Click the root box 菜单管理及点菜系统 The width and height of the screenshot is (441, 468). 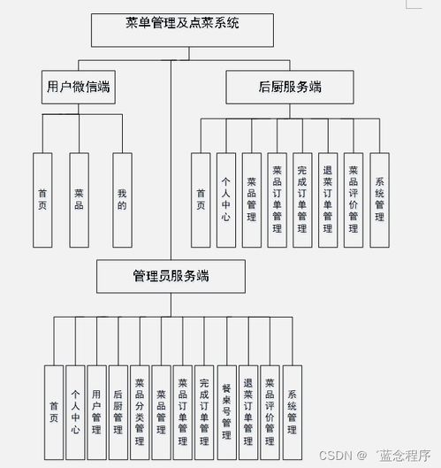point(182,30)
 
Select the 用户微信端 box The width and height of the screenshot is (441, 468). point(79,88)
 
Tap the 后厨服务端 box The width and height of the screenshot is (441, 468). point(290,88)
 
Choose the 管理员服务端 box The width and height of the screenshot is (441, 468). point(171,276)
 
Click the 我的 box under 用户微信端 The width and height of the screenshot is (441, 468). point(122,200)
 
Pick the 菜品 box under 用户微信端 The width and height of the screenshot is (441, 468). point(79,200)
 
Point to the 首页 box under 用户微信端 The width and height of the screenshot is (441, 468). point(42,200)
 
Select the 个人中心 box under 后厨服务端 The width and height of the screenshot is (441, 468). point(226,200)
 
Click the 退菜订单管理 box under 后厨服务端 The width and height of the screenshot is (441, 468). point(328,200)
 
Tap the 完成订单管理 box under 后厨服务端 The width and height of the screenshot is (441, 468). point(302,200)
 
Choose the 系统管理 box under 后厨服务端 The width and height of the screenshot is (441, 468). point(379,200)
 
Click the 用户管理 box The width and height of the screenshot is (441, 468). point(96,412)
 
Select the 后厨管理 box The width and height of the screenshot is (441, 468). point(118,412)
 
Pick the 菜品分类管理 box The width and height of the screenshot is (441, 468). point(140,412)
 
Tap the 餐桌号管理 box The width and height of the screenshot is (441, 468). point(227,412)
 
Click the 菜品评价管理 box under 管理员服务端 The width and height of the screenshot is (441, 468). point(270,412)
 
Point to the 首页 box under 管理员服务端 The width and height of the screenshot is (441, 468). point(54,412)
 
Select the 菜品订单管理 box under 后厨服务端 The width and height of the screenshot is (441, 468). point(277,200)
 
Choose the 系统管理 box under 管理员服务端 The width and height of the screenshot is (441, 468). point(293,412)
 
